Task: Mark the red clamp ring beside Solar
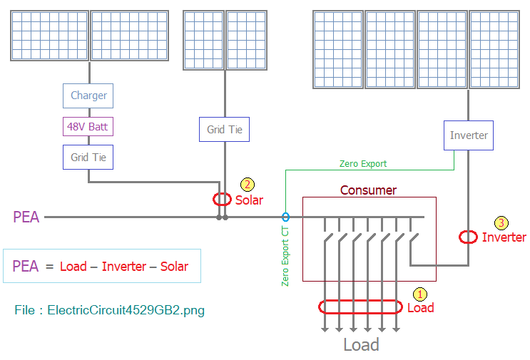[x=213, y=200]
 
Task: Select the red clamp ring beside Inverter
[x=459, y=237]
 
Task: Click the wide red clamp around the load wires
[x=320, y=307]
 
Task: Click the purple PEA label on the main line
[x=26, y=217]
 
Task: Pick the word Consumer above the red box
[x=368, y=190]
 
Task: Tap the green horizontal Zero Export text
[x=363, y=164]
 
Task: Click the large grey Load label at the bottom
[x=361, y=345]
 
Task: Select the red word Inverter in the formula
[x=124, y=267]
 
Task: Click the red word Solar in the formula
[x=174, y=267]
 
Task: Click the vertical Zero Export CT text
[x=285, y=257]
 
